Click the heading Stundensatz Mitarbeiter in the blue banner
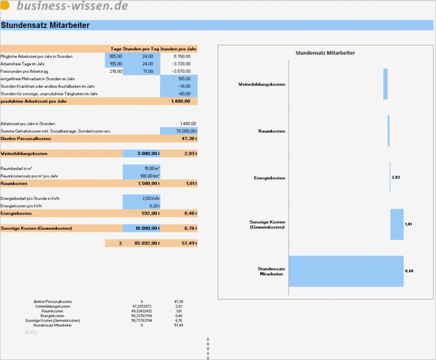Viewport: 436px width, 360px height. click(45, 26)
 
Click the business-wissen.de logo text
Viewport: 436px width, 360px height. click(72, 6)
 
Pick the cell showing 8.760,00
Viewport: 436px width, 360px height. click(180, 56)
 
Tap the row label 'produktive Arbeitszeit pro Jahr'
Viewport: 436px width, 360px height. click(34, 101)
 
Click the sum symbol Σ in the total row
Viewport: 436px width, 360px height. click(120, 243)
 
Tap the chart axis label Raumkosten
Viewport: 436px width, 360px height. click(272, 131)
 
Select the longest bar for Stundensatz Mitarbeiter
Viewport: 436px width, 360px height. click(345, 271)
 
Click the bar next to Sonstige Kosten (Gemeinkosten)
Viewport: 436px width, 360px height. click(397, 224)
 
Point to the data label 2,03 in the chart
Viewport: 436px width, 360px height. click(396, 178)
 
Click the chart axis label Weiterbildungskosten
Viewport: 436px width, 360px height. click(262, 84)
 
